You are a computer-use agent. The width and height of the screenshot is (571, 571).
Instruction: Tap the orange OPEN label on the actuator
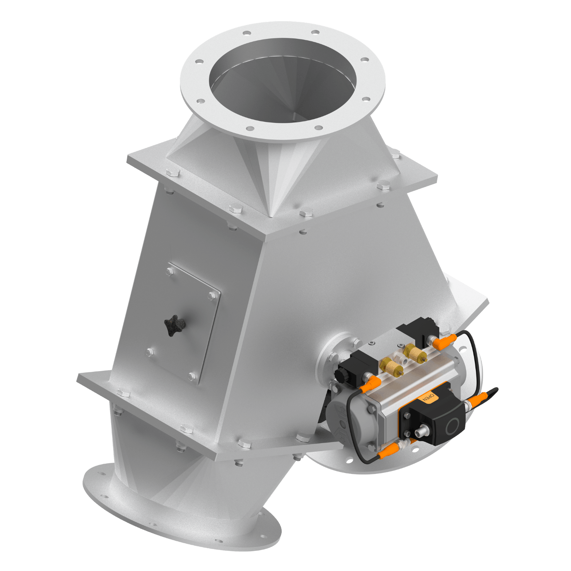tap(429, 398)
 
